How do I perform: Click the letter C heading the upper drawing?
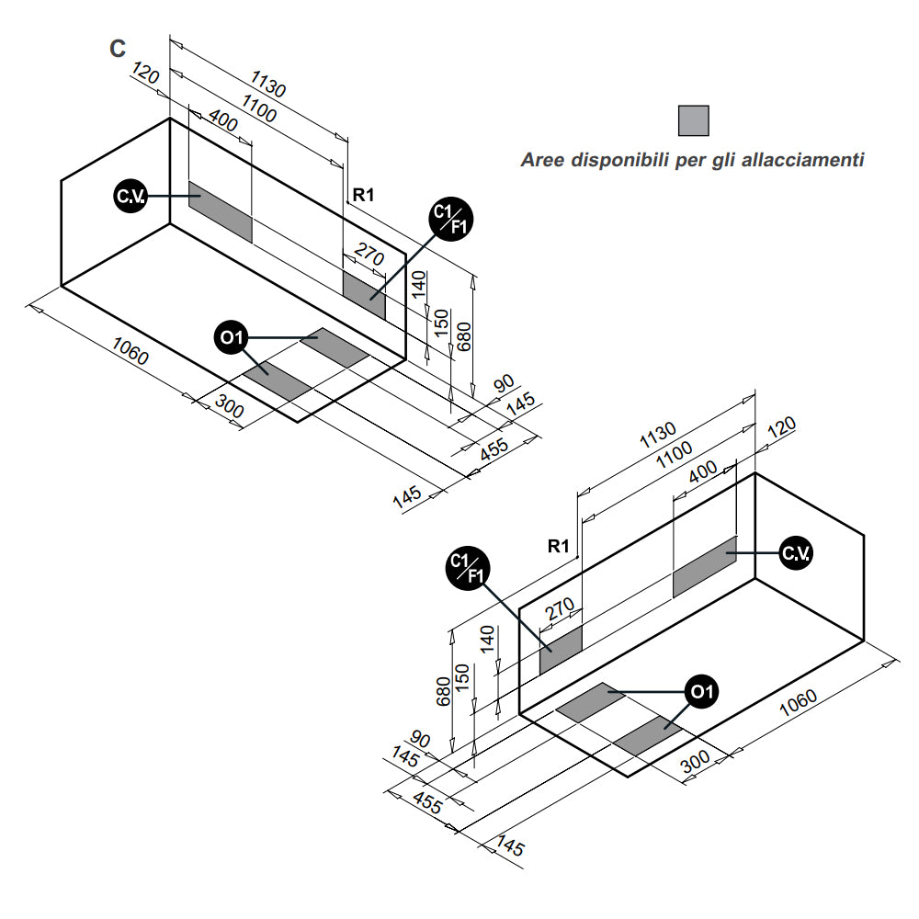(x=118, y=50)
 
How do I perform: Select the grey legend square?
(x=693, y=121)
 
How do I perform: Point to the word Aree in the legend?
(x=543, y=160)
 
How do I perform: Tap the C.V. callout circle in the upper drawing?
(x=128, y=196)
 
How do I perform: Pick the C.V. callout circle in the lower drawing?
(x=795, y=552)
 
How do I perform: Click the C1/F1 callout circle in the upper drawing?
(x=449, y=221)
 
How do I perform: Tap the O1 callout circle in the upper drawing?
(x=230, y=338)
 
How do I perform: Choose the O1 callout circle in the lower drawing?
(x=702, y=692)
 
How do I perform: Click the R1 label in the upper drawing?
(x=364, y=194)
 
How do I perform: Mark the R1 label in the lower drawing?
(x=559, y=546)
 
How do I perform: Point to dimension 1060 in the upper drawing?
(x=130, y=351)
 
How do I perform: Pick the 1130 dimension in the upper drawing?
(x=268, y=84)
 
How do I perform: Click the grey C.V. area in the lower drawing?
(x=705, y=566)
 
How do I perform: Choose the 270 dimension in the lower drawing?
(x=560, y=609)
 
